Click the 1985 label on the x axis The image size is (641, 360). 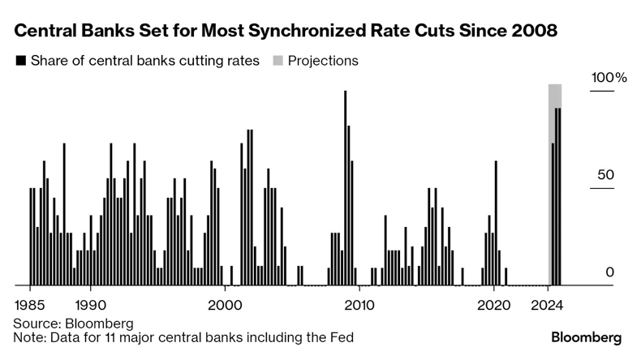pyautogui.click(x=30, y=305)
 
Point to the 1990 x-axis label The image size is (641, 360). pyautogui.click(x=90, y=305)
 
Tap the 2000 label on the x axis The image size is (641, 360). pyautogui.click(x=225, y=305)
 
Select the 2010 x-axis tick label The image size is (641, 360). pyautogui.click(x=359, y=305)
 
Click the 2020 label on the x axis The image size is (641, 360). pyautogui.click(x=494, y=305)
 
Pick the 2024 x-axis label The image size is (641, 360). pyautogui.click(x=547, y=305)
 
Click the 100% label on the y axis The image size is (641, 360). pyautogui.click(x=609, y=77)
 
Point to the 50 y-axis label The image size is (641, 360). pyautogui.click(x=606, y=175)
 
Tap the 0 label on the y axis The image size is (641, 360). pyautogui.click(x=610, y=272)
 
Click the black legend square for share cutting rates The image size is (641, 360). pyautogui.click(x=21, y=61)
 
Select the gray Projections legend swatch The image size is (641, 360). pyautogui.click(x=278, y=61)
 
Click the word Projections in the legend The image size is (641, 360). pyautogui.click(x=323, y=61)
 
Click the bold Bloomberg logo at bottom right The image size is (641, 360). pyautogui.click(x=586, y=337)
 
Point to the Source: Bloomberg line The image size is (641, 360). pyautogui.click(x=74, y=324)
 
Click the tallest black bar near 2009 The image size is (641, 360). pyautogui.click(x=346, y=188)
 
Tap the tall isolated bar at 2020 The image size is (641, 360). pyautogui.click(x=496, y=223)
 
